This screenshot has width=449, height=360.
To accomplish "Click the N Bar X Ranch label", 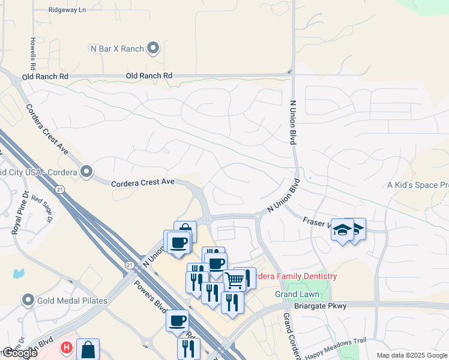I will click(x=116, y=48).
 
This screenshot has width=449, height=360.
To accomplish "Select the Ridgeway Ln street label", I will click(x=67, y=10).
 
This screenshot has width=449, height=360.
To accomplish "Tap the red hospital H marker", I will click(x=67, y=347).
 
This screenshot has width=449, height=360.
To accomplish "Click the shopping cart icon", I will click(x=234, y=279).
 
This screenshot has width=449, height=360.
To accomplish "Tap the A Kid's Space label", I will click(x=418, y=185).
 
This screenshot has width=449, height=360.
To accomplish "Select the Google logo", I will click(x=19, y=353).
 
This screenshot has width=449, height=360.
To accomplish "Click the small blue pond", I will click(x=19, y=273).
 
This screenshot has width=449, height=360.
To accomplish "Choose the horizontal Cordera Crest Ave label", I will click(x=143, y=181).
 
